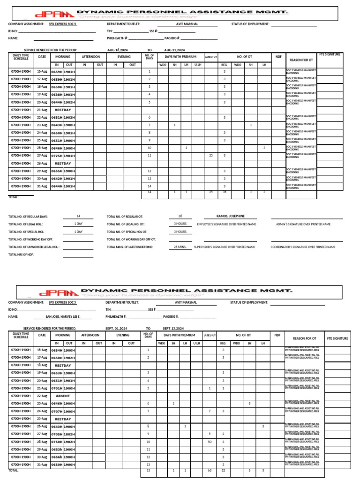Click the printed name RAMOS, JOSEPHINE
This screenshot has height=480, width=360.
(x=230, y=216)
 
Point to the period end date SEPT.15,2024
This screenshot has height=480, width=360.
(x=173, y=329)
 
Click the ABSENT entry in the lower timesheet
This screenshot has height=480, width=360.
(x=63, y=396)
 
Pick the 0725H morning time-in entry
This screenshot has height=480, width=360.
(x=57, y=156)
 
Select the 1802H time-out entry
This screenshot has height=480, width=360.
(x=69, y=434)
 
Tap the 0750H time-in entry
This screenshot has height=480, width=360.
(x=57, y=442)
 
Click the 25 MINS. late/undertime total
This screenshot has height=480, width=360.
(x=180, y=247)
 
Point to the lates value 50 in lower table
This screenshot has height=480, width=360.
(x=210, y=442)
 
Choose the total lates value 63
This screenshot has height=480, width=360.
(x=210, y=470)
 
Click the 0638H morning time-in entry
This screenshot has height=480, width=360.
(x=57, y=95)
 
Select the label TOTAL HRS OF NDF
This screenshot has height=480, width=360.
(x=22, y=254)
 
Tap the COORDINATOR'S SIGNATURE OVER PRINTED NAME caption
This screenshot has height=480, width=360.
(x=303, y=247)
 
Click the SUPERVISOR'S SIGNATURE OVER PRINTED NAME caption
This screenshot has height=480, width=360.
(x=224, y=247)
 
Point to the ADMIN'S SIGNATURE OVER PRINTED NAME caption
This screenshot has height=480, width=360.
(x=303, y=224)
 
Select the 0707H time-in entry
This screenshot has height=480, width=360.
(x=57, y=411)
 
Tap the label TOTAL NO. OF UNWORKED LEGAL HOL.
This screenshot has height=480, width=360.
(x=34, y=247)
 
